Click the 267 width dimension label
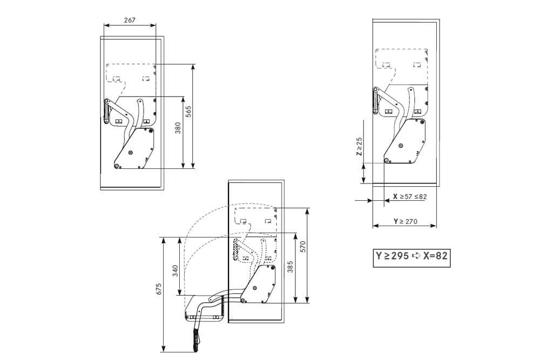(130, 20)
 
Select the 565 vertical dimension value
(188, 112)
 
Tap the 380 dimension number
(178, 128)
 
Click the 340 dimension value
(175, 271)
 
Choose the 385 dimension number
(291, 267)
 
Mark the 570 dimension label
(303, 247)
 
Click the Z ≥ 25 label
(359, 147)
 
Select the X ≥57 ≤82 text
(410, 196)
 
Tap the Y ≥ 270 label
(406, 221)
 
